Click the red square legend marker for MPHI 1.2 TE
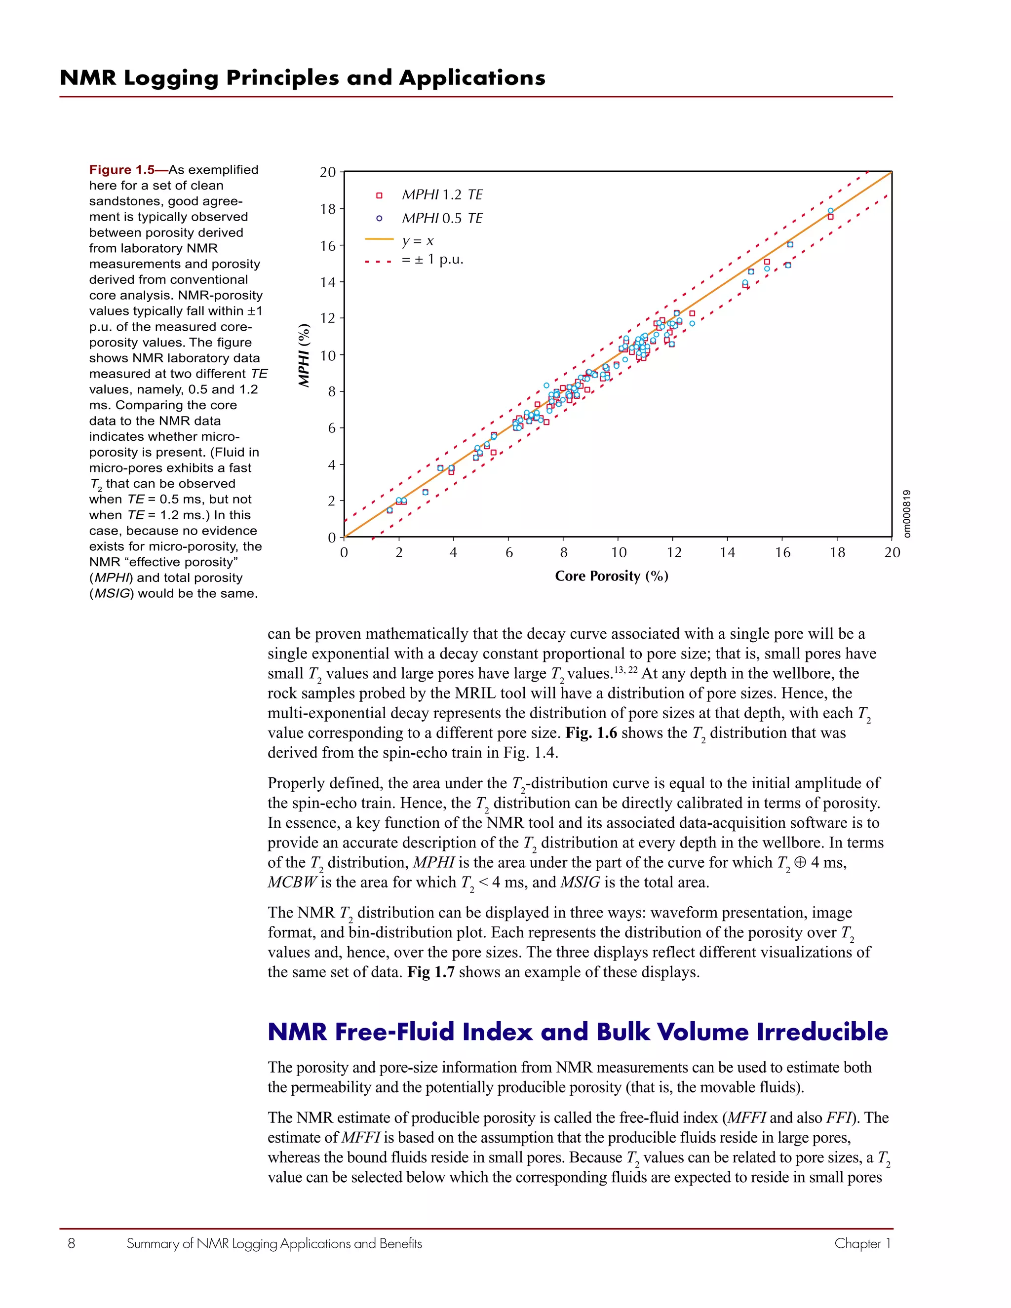(x=379, y=195)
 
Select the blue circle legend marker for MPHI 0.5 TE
(x=379, y=219)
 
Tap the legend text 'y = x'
(x=418, y=241)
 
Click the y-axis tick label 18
(x=328, y=209)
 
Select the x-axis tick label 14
(x=727, y=553)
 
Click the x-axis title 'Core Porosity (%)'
(x=612, y=576)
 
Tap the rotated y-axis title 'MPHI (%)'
(x=305, y=355)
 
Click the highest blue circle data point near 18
(x=830, y=211)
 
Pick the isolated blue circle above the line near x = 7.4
(x=546, y=385)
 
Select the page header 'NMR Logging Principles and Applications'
(x=303, y=78)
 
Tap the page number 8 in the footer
(x=71, y=1244)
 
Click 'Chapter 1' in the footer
(x=862, y=1244)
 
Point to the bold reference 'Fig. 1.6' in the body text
(x=590, y=733)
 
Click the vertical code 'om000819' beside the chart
(x=907, y=514)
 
